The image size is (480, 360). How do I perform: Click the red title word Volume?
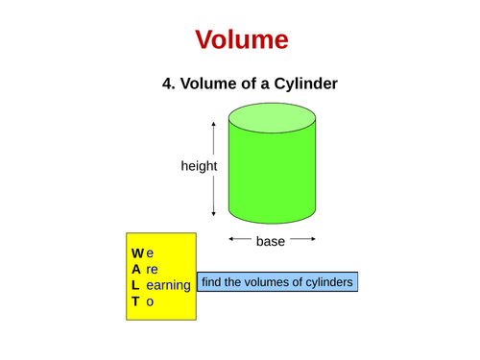(x=241, y=39)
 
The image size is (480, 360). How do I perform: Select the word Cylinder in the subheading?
(x=303, y=84)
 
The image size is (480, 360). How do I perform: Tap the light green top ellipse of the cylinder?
(x=272, y=117)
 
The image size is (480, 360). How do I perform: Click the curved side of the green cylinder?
(x=272, y=178)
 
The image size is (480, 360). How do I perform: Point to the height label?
(x=199, y=166)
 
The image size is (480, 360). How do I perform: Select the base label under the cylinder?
(x=271, y=241)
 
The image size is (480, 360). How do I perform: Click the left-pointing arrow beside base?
(x=239, y=240)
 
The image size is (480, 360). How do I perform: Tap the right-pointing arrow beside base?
(x=301, y=240)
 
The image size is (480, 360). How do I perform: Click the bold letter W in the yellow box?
(x=137, y=253)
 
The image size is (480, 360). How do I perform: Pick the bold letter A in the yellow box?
(x=136, y=270)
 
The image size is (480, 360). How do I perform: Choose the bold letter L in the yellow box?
(x=136, y=286)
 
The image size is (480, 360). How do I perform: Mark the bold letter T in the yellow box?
(x=136, y=301)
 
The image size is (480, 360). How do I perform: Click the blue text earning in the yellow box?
(x=169, y=286)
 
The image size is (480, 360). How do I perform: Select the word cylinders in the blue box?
(x=325, y=282)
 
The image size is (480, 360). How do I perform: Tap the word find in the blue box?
(x=214, y=282)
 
